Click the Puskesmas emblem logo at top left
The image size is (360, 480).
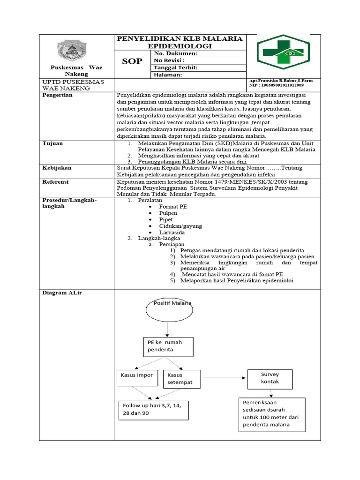tap(77, 50)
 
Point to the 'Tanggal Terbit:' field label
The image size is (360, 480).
tap(176, 67)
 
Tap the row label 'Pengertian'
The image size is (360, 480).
tap(58, 95)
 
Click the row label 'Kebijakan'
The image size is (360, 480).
tap(56, 167)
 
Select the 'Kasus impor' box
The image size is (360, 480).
tap(137, 378)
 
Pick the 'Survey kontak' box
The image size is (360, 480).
tap(270, 378)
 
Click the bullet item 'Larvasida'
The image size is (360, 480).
tap(172, 232)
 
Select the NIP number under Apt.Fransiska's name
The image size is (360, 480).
tap(277, 86)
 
